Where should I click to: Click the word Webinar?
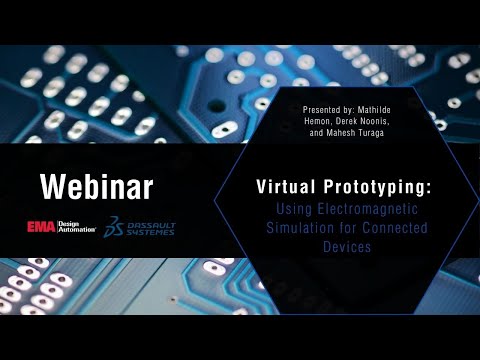[x=96, y=187]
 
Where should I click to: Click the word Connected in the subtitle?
[x=396, y=228]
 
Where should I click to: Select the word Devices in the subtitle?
[x=341, y=246]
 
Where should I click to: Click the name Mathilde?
[x=405, y=107]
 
